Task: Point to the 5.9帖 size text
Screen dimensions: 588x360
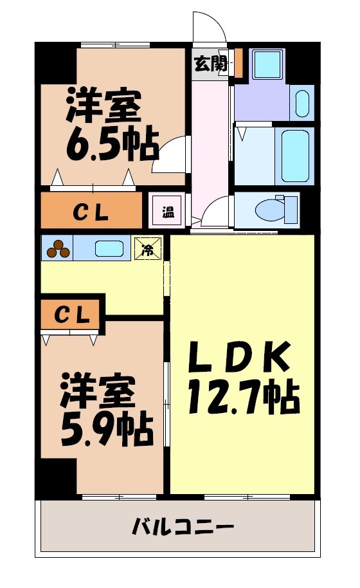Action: pyautogui.click(x=106, y=432)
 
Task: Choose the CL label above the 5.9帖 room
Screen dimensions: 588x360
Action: pyautogui.click(x=71, y=315)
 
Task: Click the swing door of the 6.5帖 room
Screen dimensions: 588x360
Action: pyautogui.click(x=168, y=157)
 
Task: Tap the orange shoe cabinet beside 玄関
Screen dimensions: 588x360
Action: pyautogui.click(x=238, y=62)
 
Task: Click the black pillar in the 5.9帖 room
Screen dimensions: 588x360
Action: pyautogui.click(x=57, y=475)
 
